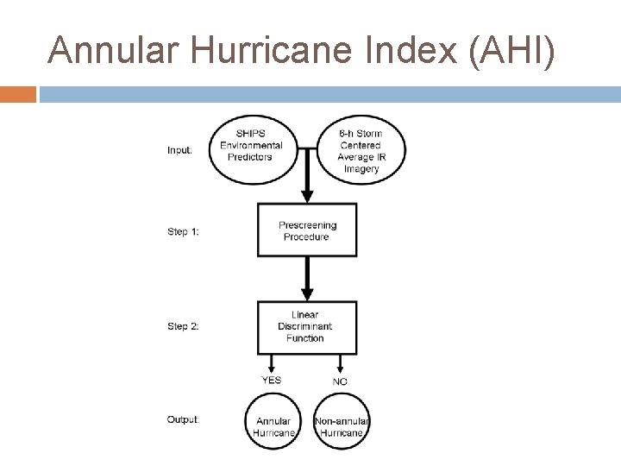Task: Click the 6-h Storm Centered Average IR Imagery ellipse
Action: [x=360, y=150]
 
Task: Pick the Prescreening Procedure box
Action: [x=307, y=230]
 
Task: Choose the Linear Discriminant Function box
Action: [x=306, y=326]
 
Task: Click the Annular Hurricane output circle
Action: [x=273, y=421]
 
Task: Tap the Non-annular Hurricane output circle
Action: [x=342, y=421]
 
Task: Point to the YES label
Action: [x=271, y=381]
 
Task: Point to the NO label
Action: [x=340, y=381]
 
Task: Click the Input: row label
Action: [x=179, y=149]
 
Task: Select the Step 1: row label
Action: [x=182, y=231]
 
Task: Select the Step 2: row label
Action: [x=182, y=326]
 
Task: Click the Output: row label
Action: [x=182, y=419]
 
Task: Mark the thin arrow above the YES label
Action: [x=273, y=362]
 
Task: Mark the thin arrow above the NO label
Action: [x=341, y=362]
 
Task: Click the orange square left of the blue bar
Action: [x=17, y=93]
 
